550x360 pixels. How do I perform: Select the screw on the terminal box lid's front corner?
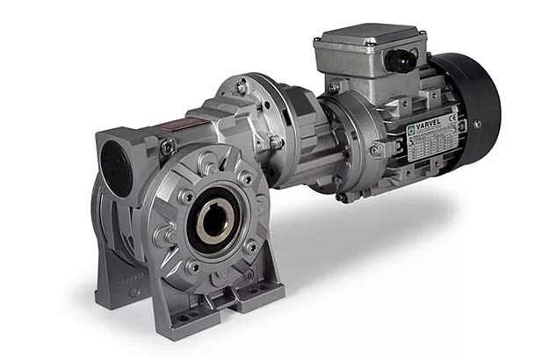pyautogui.click(x=335, y=86)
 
